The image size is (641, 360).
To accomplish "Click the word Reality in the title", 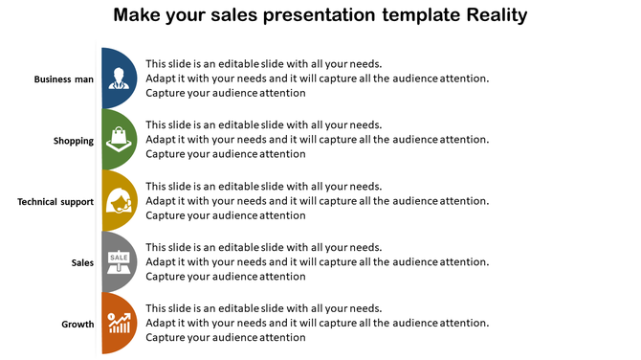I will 486,15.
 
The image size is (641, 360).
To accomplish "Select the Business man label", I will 64,79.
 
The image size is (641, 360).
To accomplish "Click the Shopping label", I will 74,141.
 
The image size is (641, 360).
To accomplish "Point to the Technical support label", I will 55,202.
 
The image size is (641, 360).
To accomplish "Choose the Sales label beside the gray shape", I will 82,262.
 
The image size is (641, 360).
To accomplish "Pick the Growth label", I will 77,324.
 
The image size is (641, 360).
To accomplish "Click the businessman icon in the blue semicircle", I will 120,78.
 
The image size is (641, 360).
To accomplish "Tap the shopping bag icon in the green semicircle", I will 119,139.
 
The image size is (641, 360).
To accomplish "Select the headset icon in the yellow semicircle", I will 121,200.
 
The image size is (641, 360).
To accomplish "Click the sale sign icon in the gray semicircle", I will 119,260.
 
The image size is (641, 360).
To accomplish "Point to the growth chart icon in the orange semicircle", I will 119,323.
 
